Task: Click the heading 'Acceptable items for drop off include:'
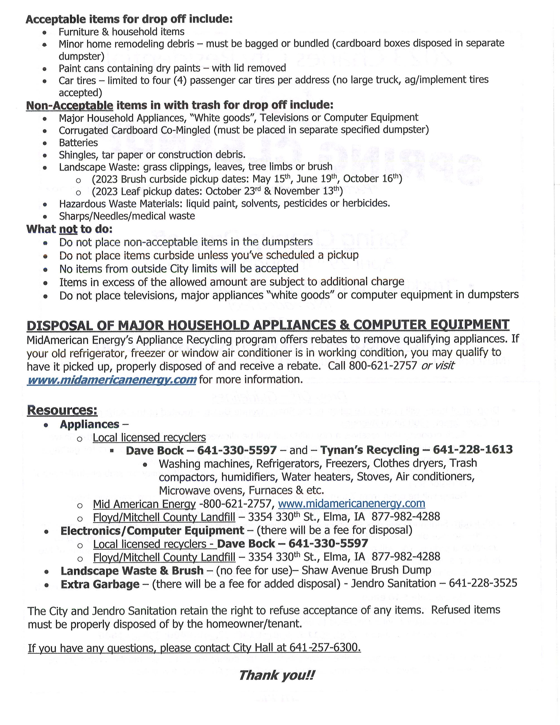(x=129, y=19)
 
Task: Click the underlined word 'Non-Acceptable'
(x=70, y=106)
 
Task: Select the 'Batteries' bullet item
(x=78, y=143)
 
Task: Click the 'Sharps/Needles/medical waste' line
(x=127, y=216)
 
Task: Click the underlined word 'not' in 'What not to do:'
(x=68, y=229)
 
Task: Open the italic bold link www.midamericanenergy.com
(x=111, y=380)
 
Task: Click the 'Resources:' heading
(x=62, y=410)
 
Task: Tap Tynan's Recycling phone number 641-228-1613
(x=473, y=450)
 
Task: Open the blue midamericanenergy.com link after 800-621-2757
(x=351, y=504)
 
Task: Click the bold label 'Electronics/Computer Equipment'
(x=152, y=530)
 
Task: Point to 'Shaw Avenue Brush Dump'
(x=366, y=570)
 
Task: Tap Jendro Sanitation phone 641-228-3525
(x=483, y=584)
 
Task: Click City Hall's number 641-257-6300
(x=324, y=648)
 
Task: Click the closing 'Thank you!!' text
(x=276, y=675)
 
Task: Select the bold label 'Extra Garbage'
(x=100, y=584)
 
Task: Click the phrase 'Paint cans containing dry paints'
(x=129, y=68)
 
